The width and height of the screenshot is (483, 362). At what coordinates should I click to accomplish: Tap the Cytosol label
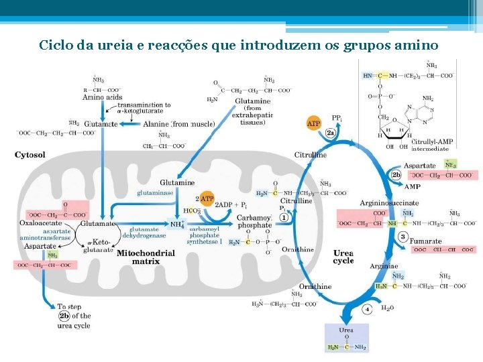pyautogui.click(x=30, y=155)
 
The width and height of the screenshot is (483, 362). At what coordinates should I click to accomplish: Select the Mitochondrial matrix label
pyautogui.click(x=146, y=257)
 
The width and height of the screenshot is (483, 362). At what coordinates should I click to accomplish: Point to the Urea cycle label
pyautogui.click(x=343, y=257)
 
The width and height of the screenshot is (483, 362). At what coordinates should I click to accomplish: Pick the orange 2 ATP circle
pyautogui.click(x=206, y=198)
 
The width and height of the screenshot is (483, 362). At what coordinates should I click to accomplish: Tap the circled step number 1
pyautogui.click(x=284, y=217)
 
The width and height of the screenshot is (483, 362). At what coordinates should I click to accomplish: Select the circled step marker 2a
pyautogui.click(x=331, y=133)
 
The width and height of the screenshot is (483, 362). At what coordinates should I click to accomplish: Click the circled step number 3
pyautogui.click(x=403, y=236)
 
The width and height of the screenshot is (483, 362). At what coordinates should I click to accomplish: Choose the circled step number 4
pyautogui.click(x=367, y=310)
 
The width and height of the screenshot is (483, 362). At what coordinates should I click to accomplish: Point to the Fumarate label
pyautogui.click(x=426, y=241)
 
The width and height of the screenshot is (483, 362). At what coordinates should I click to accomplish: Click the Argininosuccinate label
pyautogui.click(x=389, y=203)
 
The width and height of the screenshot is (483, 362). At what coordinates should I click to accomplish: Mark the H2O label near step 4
pyautogui.click(x=388, y=309)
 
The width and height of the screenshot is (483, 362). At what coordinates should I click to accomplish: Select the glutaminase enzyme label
pyautogui.click(x=155, y=192)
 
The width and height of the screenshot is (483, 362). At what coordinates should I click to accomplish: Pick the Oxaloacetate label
pyautogui.click(x=41, y=223)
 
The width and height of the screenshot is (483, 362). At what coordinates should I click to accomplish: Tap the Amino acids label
pyautogui.click(x=102, y=97)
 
